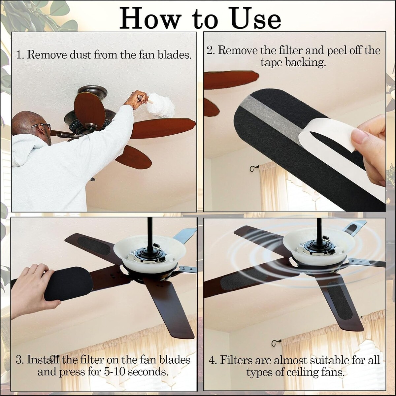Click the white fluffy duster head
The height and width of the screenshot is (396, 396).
tap(161, 105)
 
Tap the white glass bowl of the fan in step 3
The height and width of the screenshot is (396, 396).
tap(149, 254)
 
